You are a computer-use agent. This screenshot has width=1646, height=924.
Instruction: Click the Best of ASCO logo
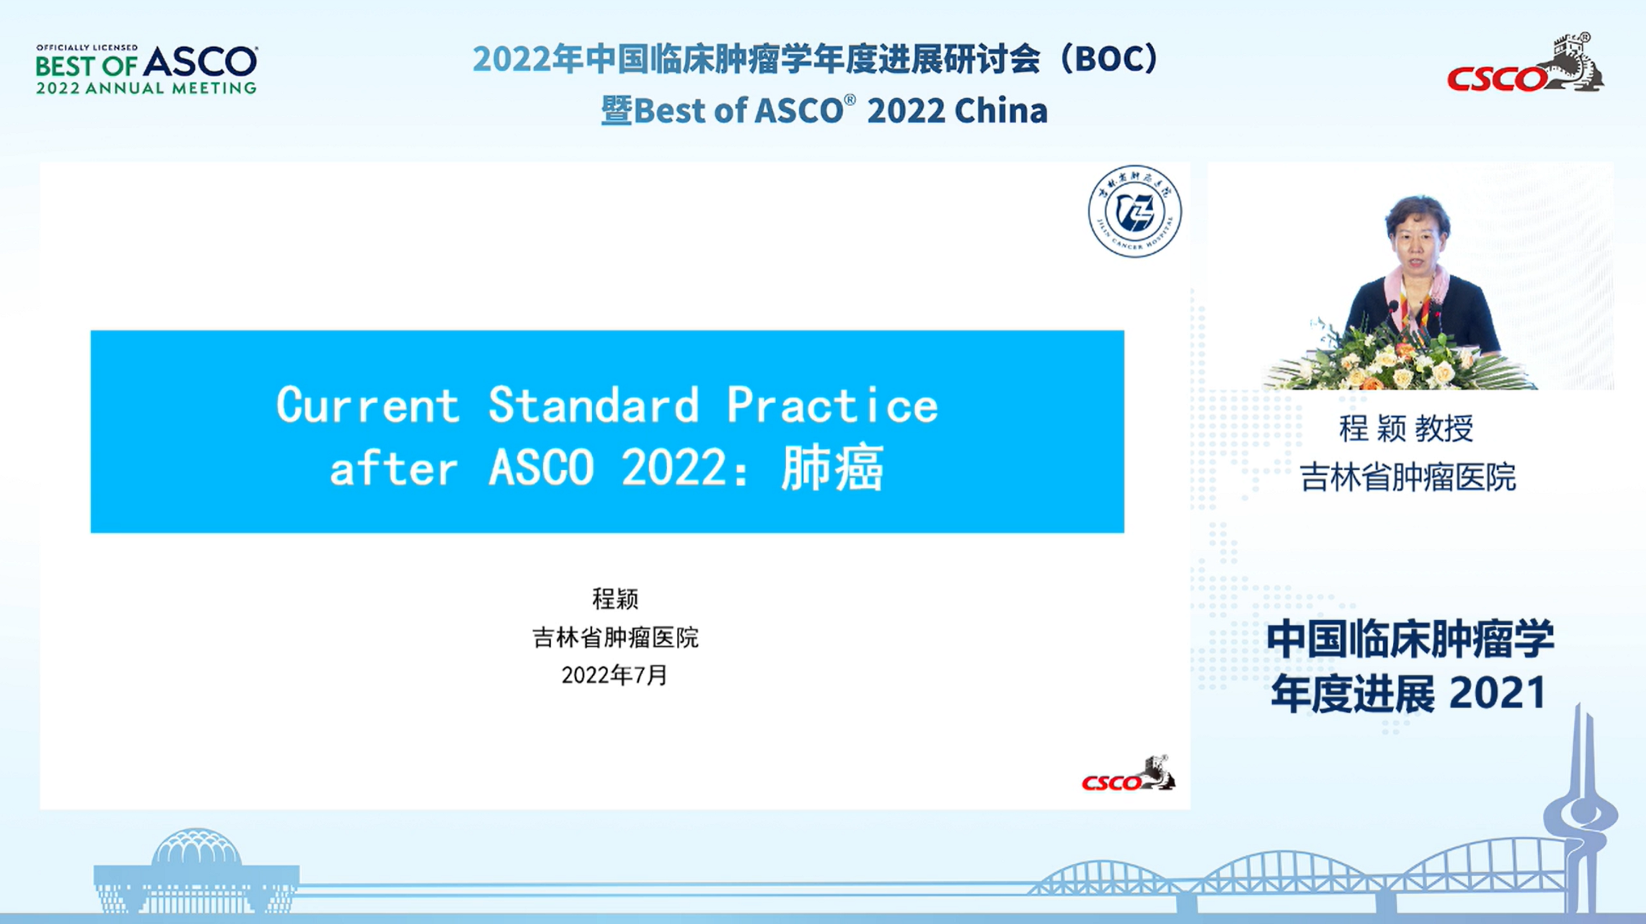click(146, 70)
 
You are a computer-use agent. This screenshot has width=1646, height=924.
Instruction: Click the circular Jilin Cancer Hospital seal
click(1135, 211)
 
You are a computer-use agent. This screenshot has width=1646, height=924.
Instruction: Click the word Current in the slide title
click(368, 404)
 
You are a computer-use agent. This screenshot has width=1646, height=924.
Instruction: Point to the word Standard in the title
click(593, 404)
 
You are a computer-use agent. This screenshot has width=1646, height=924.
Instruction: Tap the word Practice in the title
click(832, 404)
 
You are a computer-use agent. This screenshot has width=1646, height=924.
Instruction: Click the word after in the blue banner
click(394, 468)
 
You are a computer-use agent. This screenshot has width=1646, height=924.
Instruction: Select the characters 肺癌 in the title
click(832, 468)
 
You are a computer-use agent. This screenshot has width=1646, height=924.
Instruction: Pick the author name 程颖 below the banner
click(615, 599)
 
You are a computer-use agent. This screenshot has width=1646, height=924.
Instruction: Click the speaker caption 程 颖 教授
click(1406, 428)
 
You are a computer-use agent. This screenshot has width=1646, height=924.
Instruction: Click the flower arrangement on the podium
click(1400, 362)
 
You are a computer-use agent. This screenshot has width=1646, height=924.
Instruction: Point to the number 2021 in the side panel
click(1498, 693)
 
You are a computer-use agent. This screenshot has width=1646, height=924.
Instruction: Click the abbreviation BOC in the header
click(1116, 60)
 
